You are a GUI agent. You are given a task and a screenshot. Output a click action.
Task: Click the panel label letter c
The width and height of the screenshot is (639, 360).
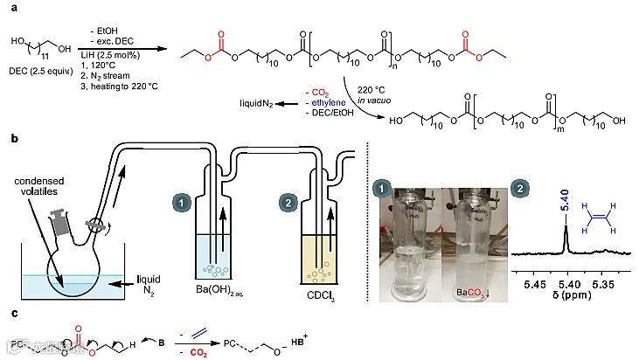click(x=8, y=312)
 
